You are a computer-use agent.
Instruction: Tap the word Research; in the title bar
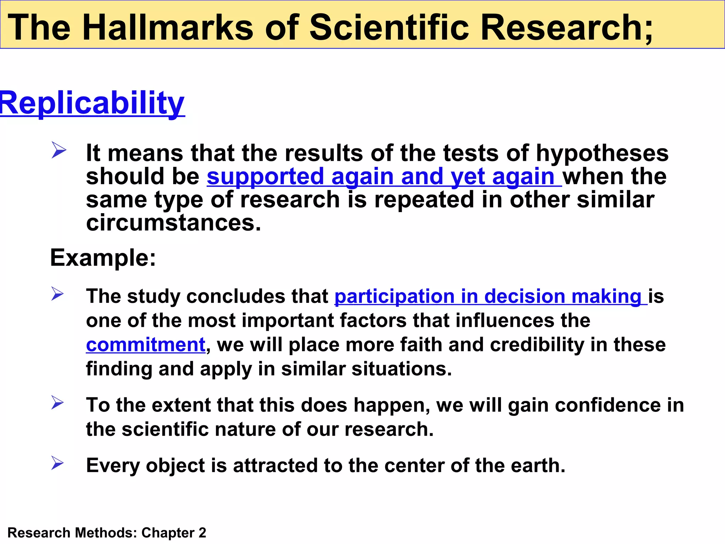(566, 27)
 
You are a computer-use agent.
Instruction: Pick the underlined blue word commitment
(145, 345)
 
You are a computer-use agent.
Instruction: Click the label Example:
(103, 257)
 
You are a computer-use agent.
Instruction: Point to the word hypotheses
(602, 153)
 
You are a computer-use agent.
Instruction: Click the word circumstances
(173, 223)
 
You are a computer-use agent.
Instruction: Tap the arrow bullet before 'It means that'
(58, 150)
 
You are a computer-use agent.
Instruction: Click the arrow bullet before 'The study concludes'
(57, 294)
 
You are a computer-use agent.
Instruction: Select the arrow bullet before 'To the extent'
(57, 403)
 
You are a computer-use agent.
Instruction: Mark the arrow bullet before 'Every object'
(57, 463)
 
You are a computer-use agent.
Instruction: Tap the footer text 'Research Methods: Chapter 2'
(107, 533)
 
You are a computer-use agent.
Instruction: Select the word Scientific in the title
(389, 27)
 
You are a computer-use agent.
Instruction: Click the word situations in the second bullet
(401, 369)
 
